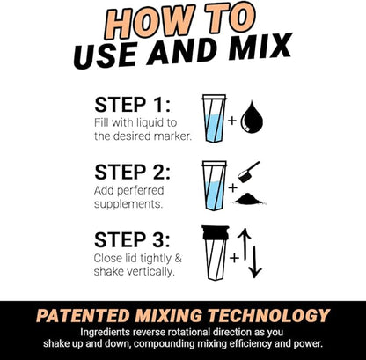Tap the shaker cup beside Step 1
click(214, 118)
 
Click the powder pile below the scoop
click(252, 198)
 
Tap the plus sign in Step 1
click(233, 118)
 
